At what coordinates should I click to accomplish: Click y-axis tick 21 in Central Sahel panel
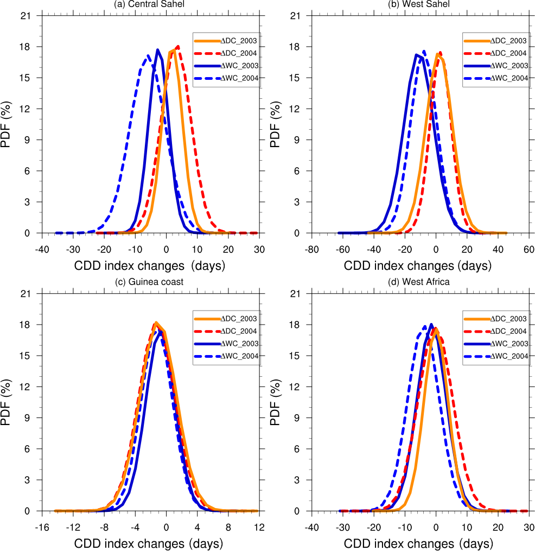coord(29,15)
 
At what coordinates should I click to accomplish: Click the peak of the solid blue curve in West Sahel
coord(416,54)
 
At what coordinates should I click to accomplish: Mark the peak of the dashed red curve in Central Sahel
coord(178,47)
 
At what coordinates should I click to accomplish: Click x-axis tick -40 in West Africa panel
coord(311,527)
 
